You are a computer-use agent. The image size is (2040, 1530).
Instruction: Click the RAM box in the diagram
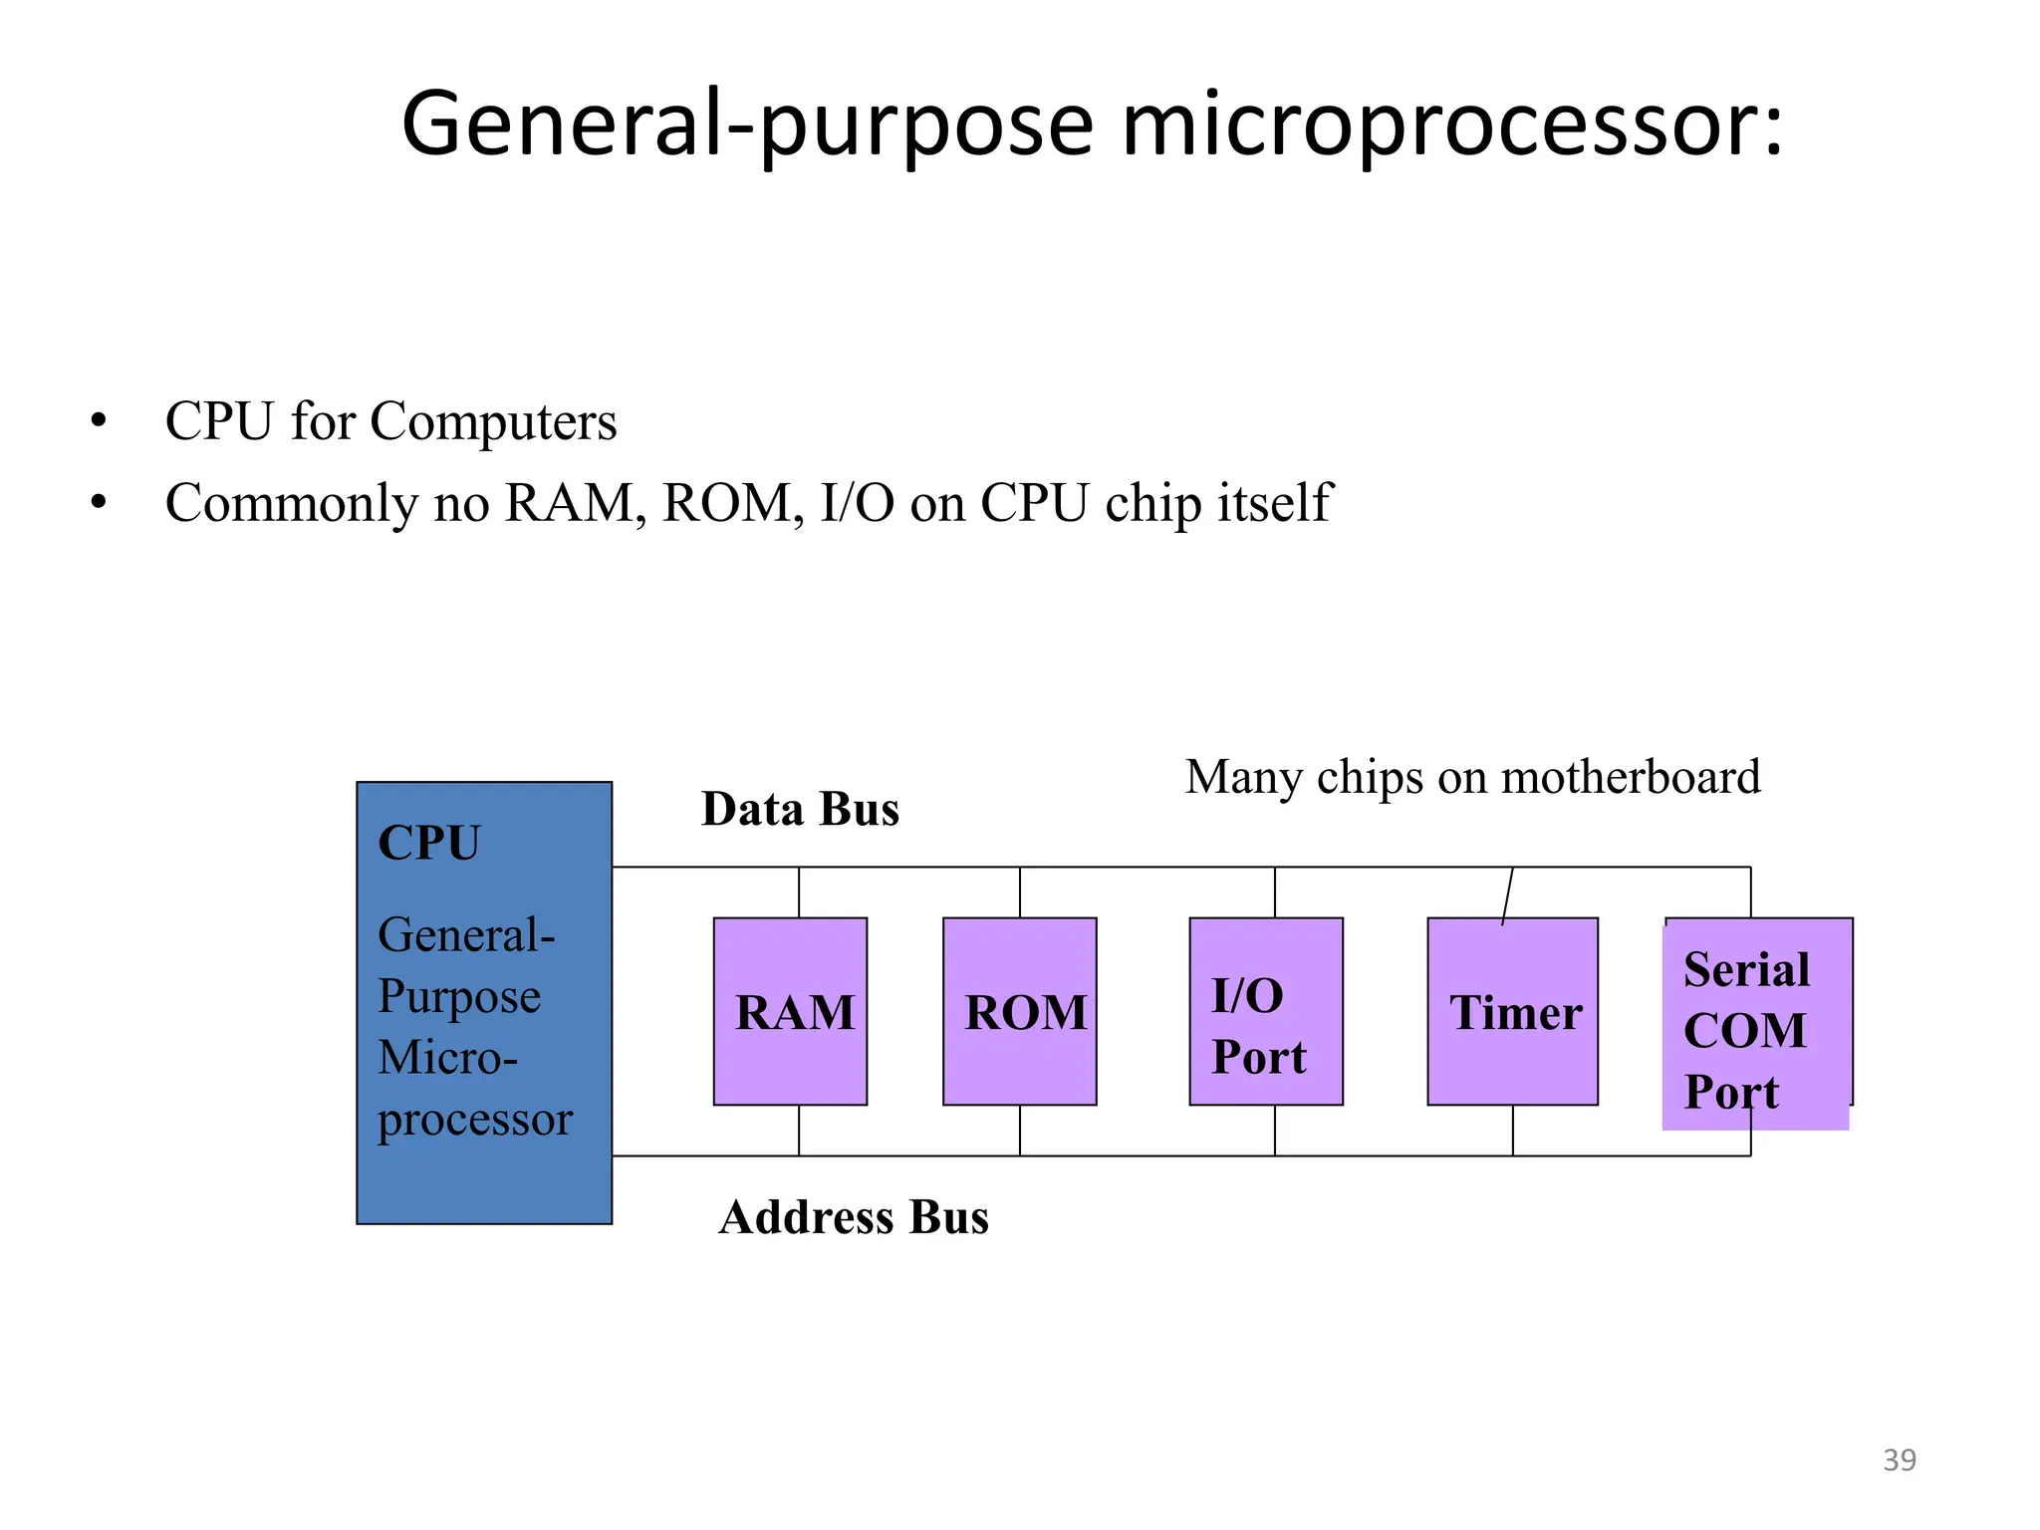790,1011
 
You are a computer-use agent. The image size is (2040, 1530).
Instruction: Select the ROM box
1019,1011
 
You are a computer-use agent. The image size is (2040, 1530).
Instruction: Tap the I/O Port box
1265,1011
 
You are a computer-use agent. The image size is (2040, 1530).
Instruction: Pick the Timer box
1512,1011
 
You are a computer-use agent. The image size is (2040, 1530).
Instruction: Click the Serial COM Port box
1755,1026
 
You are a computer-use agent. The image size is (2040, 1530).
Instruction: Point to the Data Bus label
800,809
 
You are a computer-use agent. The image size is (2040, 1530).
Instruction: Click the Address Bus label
854,1217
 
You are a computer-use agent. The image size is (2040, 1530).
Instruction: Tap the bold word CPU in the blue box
429,843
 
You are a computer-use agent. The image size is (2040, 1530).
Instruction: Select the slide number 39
1899,1459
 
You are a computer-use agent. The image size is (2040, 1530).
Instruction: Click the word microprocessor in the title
1450,125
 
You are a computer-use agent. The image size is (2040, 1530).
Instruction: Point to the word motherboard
1631,777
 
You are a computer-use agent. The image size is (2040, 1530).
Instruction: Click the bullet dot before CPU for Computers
98,420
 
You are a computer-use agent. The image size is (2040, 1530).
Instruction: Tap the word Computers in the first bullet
493,421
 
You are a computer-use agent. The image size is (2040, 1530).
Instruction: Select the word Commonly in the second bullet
292,503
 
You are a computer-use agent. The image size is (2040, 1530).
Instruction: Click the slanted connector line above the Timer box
1507,895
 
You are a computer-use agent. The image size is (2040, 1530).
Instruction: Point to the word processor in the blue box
475,1121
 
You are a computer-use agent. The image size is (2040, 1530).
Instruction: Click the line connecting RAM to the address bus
799,1131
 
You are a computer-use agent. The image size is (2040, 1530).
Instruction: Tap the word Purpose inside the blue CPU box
459,997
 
